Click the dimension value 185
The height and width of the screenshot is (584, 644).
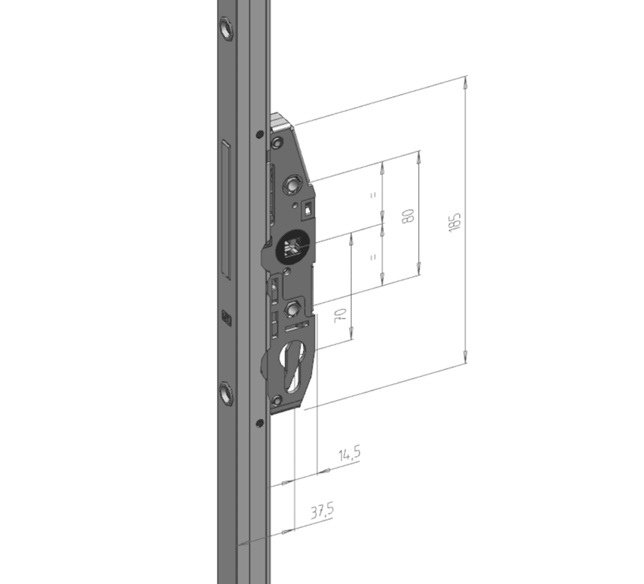pos(455,222)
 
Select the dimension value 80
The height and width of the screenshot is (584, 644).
pos(409,215)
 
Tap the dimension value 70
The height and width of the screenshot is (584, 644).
pos(341,315)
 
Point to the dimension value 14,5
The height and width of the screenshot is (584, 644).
pos(350,454)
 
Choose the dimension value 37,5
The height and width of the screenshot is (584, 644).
pos(322,511)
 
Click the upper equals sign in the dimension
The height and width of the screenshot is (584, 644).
pos(373,195)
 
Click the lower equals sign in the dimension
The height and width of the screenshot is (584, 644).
pos(373,258)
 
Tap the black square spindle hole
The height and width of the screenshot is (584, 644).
pos(292,249)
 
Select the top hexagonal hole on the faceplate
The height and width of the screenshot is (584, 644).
pos(226,28)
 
